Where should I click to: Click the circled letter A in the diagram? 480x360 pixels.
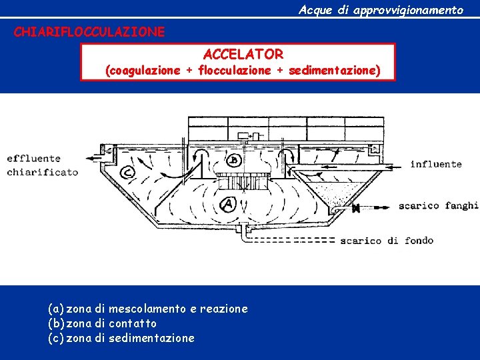click(228, 204)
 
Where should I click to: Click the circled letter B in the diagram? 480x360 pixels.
click(233, 160)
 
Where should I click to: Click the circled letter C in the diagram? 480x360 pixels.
click(127, 173)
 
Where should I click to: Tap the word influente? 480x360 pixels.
click(436, 164)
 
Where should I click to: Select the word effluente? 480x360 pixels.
click(34, 159)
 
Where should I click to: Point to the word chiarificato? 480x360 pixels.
click(42, 172)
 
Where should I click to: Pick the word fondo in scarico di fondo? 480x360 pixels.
click(418, 241)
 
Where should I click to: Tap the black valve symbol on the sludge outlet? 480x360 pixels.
click(356, 208)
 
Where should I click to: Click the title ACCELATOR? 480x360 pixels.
click(243, 54)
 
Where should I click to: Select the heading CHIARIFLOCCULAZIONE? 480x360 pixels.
click(89, 31)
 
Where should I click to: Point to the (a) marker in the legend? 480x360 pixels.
click(56, 309)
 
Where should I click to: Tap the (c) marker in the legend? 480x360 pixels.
click(56, 338)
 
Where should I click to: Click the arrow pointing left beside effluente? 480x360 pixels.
click(91, 159)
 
